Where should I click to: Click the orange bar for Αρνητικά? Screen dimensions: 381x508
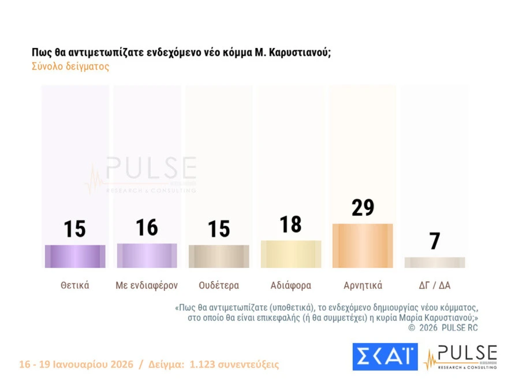tap(363, 246)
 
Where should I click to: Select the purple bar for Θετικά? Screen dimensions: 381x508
tap(75, 256)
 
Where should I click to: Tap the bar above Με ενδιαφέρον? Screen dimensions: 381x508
tap(147, 256)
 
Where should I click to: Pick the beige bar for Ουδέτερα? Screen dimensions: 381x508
tap(219, 256)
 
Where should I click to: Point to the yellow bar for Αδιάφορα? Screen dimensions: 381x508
tap(291, 254)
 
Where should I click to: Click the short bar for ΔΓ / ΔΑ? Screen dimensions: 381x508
tap(435, 263)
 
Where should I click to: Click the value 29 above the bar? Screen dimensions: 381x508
tap(363, 207)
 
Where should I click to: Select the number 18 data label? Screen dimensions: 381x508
tap(291, 225)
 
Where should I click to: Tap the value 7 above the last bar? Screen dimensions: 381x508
tap(435, 241)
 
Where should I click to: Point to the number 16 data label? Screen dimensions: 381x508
tap(147, 227)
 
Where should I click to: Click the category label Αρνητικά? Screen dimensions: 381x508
tap(363, 285)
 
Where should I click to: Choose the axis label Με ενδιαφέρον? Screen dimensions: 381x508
tap(147, 285)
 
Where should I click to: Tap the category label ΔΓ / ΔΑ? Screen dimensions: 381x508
tap(435, 285)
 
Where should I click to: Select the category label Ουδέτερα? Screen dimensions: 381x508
tap(219, 285)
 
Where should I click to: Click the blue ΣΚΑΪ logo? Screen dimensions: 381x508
tap(384, 357)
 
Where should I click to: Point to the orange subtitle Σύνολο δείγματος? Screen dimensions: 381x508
tap(70, 66)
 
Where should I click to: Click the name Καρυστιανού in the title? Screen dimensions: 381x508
tap(300, 52)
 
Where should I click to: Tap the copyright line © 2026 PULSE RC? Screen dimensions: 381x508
tap(443, 328)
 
